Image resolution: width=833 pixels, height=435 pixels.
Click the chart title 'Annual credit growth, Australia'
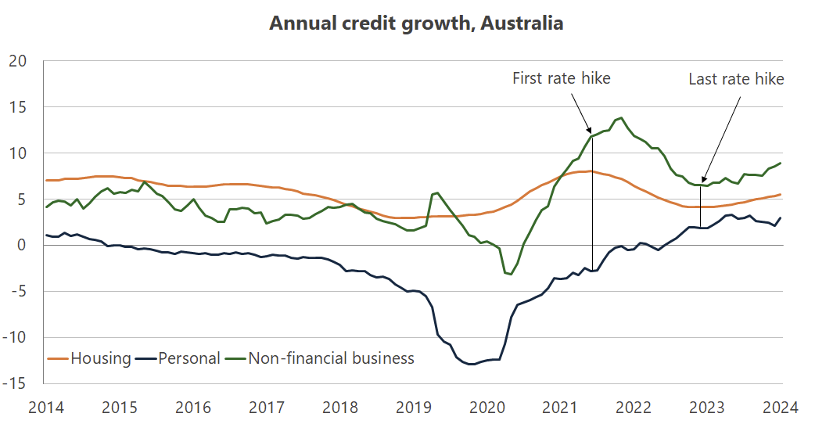tap(416, 23)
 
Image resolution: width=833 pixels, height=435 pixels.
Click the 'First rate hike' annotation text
tap(561, 78)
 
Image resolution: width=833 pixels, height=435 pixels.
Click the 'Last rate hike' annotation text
tap(735, 79)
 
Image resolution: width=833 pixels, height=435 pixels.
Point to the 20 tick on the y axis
tap(17, 61)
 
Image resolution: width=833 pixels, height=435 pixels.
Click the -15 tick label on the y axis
tap(15, 384)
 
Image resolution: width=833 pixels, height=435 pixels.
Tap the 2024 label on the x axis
tap(781, 408)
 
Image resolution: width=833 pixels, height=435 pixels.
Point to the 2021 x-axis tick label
tap(560, 408)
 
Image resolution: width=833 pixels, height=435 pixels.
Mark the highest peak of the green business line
tap(621, 118)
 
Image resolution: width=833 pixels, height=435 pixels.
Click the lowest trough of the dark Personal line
tap(472, 364)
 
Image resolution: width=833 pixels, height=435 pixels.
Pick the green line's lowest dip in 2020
tap(510, 274)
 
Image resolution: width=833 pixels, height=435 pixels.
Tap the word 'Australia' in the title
tap(522, 23)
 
